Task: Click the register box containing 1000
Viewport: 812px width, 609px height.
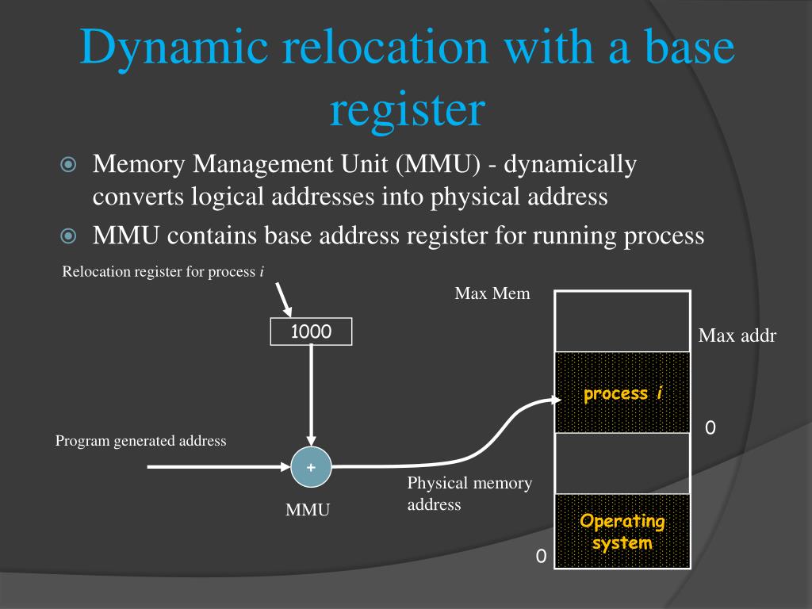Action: [x=311, y=331]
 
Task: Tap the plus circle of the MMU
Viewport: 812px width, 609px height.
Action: [x=311, y=468]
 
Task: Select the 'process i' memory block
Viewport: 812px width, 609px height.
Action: [x=622, y=393]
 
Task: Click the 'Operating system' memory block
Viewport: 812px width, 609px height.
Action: [x=622, y=531]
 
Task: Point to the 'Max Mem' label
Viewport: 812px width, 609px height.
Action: [x=492, y=294]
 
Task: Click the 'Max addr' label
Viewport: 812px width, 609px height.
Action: [x=737, y=336]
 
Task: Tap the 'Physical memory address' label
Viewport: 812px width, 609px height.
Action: [x=469, y=493]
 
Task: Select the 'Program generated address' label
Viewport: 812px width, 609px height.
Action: [x=141, y=441]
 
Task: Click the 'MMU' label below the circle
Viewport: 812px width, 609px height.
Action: [x=308, y=510]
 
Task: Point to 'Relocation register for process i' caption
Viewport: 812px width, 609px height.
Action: [x=163, y=272]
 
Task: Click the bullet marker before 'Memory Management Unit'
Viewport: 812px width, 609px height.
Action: [x=68, y=165]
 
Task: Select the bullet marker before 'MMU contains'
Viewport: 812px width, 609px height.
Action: [x=68, y=236]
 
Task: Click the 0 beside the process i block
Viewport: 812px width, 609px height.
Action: [x=710, y=429]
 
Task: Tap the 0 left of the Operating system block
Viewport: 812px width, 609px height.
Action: [x=541, y=557]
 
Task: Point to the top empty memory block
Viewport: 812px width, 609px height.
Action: [x=622, y=321]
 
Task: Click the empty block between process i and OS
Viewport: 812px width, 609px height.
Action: [x=622, y=463]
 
